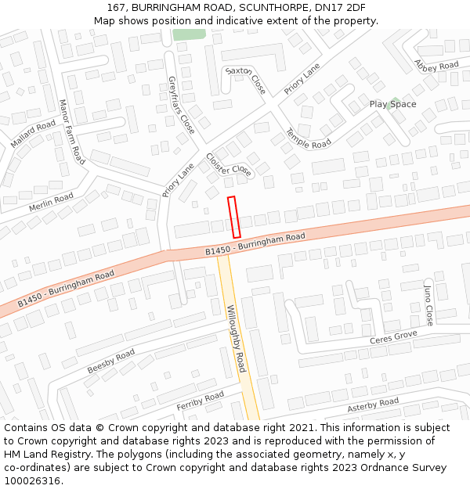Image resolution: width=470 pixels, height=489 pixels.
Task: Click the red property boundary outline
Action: point(233,217)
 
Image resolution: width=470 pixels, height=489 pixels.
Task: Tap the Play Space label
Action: point(392,104)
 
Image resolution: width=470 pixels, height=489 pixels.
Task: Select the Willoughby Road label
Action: point(236,338)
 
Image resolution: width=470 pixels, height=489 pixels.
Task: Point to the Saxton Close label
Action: point(246,81)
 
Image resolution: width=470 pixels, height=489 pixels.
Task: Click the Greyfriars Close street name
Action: point(181,105)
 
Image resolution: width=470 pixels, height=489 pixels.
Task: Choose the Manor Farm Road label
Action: point(71,131)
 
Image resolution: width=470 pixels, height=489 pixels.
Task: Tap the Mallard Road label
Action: point(33,134)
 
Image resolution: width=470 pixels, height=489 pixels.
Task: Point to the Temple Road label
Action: point(308,138)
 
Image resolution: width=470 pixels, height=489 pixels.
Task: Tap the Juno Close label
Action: point(428,305)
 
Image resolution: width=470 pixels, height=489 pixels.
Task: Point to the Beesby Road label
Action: point(110,361)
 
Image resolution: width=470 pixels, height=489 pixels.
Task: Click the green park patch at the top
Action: point(189,34)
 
